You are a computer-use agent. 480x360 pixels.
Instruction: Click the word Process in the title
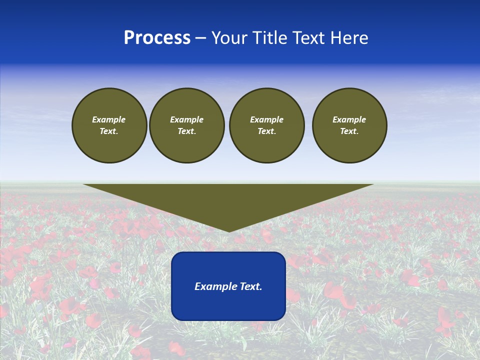(157, 38)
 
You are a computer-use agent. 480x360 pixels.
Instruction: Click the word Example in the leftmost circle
(109, 119)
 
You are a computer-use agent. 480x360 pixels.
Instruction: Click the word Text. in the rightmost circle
(349, 131)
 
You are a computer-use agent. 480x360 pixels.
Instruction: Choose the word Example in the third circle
(266, 119)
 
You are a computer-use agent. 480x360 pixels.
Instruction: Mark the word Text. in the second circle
(186, 131)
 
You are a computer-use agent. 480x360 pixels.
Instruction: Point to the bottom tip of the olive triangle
(229, 230)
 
